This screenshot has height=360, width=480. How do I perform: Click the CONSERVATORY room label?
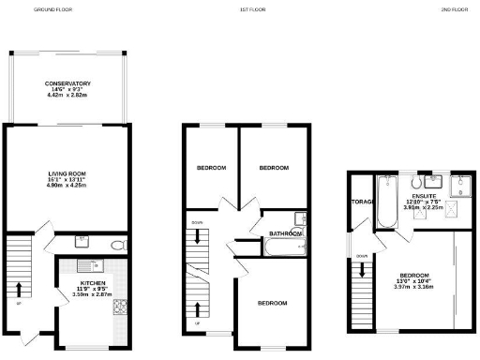pyautogui.click(x=67, y=84)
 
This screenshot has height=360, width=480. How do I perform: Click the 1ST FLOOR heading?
pyautogui.click(x=248, y=9)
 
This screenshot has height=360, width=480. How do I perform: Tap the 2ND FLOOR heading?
pyautogui.click(x=455, y=9)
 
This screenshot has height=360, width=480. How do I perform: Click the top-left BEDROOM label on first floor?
pyautogui.click(x=211, y=168)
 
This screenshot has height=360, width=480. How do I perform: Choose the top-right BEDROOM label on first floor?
pyautogui.click(x=273, y=168)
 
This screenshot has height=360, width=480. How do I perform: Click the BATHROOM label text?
pyautogui.click(x=283, y=233)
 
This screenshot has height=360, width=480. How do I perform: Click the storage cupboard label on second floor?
pyautogui.click(x=362, y=202)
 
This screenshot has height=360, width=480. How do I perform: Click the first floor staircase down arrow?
pyautogui.click(x=198, y=237)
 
